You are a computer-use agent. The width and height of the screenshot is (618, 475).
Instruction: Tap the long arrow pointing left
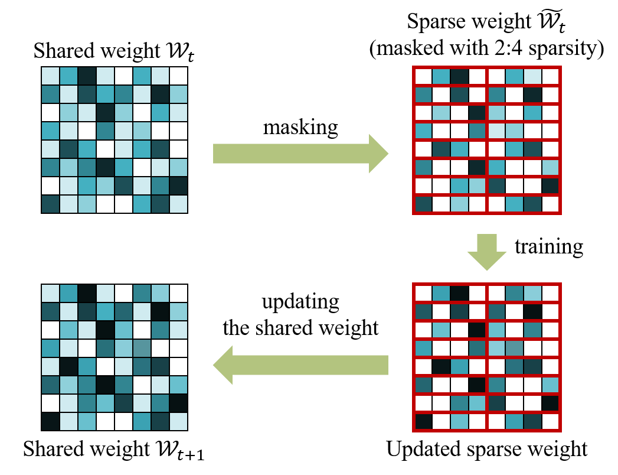307,365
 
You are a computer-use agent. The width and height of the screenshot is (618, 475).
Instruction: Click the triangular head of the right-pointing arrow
378,154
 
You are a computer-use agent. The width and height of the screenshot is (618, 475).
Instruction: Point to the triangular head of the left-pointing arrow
224,365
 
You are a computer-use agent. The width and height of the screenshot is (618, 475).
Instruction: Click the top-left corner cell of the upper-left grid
50,76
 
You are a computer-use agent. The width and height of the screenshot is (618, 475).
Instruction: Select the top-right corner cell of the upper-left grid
178,76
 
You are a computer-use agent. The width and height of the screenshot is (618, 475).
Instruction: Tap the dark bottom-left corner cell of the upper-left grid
50,204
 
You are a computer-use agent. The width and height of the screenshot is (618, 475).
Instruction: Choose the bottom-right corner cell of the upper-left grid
178,204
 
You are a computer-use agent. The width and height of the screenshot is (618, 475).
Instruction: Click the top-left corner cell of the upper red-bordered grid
423,76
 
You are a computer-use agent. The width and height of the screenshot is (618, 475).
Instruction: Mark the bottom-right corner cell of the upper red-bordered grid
550,204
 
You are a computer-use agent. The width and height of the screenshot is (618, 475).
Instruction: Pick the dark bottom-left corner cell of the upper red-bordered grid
423,204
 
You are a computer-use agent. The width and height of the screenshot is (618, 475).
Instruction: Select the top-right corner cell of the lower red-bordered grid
550,293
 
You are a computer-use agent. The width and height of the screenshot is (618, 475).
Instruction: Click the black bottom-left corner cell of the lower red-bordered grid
423,421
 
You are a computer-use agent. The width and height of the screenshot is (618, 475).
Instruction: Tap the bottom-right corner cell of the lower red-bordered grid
550,421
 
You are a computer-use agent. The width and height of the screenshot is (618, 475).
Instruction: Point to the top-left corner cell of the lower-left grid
50,293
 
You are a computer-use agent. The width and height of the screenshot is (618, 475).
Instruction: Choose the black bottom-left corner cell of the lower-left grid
50,421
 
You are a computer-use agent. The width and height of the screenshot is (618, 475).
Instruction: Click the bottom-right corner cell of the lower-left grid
178,421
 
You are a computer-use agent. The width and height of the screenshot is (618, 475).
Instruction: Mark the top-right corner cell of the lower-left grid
178,293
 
